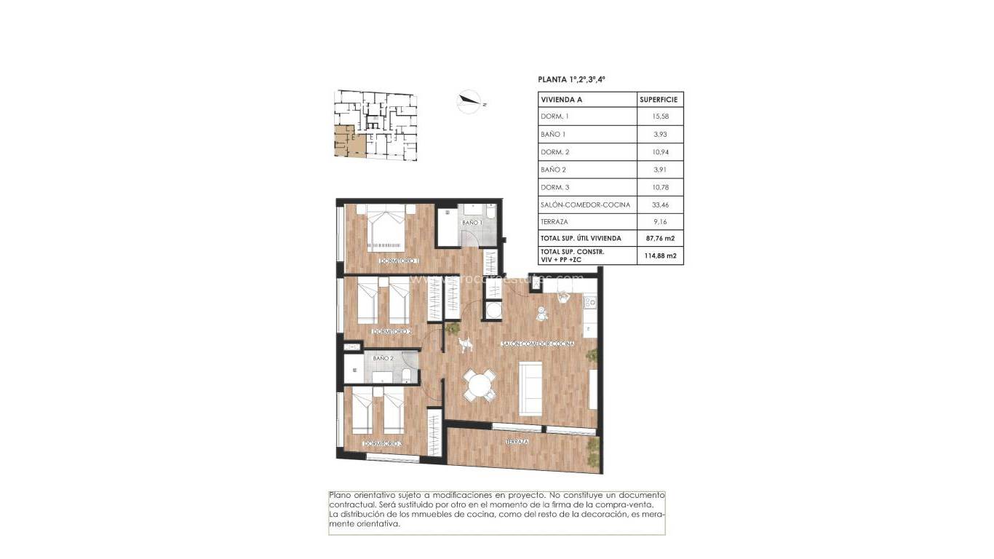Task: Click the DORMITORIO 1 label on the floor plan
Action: point(399,260)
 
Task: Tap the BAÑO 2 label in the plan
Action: point(383,358)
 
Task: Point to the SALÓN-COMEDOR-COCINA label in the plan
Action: point(538,343)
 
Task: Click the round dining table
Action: point(479,384)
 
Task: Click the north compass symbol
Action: point(469,101)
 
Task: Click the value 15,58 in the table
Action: point(660,116)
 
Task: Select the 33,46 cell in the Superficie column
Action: point(660,205)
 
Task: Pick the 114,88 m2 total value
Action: point(660,255)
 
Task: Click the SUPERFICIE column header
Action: point(659,99)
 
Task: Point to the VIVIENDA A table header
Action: point(561,99)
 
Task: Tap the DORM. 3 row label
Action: point(554,187)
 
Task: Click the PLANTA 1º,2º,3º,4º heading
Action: point(572,79)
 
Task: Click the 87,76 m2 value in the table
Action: point(660,238)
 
